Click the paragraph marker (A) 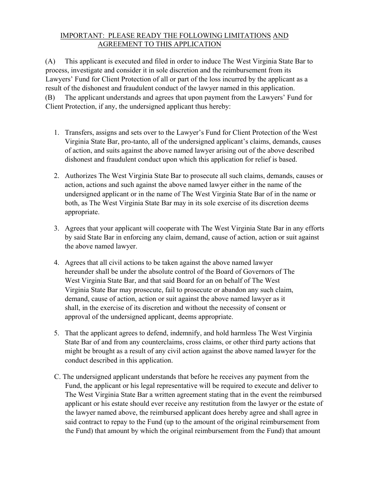coord(50,61)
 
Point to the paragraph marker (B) coord(50,97)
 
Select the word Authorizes coord(81,176)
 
